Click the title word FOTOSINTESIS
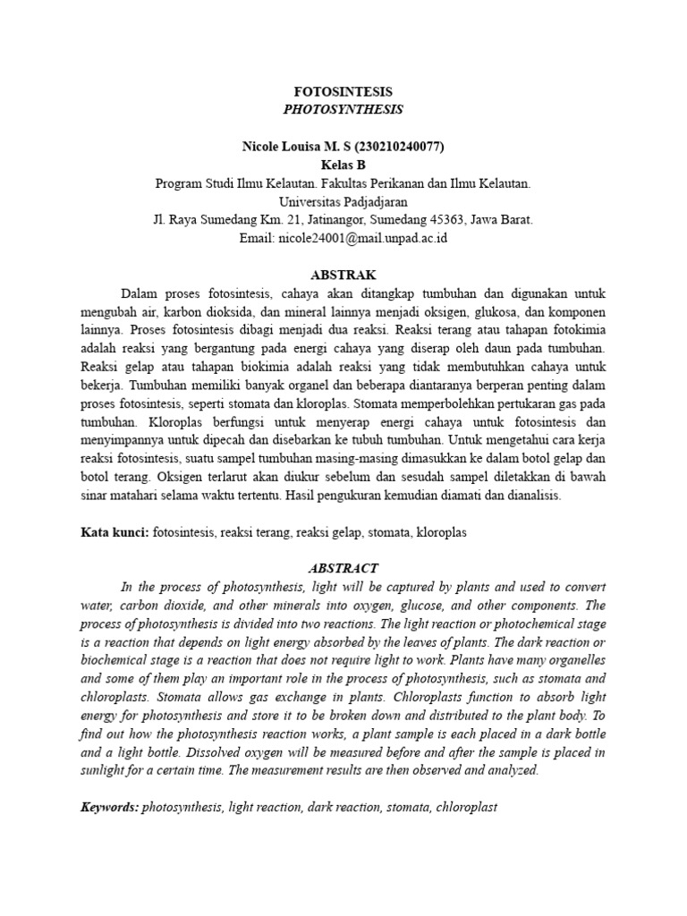pos(343,92)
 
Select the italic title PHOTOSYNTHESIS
pos(343,109)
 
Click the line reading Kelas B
pos(343,165)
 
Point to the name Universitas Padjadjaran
pos(343,201)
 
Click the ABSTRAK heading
pos(343,275)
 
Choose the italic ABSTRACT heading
pos(343,568)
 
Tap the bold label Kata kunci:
pos(114,531)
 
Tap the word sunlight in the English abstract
pos(106,769)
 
